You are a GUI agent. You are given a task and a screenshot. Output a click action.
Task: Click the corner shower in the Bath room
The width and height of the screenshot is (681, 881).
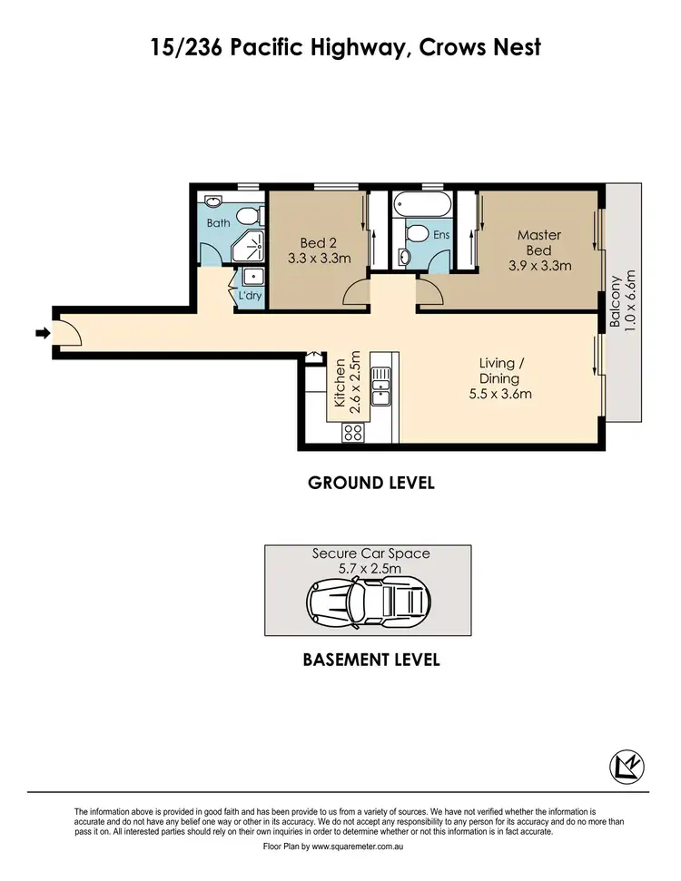click(x=251, y=246)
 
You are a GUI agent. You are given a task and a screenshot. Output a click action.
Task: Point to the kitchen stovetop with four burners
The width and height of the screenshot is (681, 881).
click(x=352, y=434)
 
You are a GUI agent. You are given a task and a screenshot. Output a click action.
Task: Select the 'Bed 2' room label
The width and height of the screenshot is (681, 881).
click(x=319, y=242)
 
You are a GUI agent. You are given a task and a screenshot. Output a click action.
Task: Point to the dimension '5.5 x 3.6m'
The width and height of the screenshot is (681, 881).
click(x=499, y=394)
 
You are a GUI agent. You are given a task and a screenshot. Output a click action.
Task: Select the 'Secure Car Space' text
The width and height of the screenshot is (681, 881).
click(x=370, y=553)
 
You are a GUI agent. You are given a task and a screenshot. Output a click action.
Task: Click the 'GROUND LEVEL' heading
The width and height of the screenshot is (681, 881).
click(x=370, y=483)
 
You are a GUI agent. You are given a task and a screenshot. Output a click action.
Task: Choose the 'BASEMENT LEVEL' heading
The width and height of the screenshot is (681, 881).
click(x=370, y=660)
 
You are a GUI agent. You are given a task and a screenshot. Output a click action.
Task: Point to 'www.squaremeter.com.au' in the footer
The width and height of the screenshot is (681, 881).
click(x=358, y=846)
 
